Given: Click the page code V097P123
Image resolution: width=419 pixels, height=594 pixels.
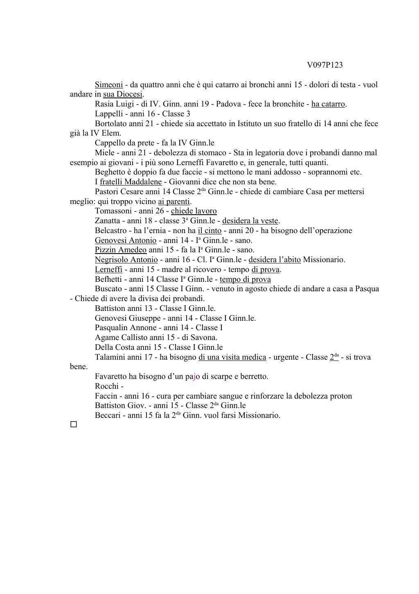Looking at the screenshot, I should tap(324, 65).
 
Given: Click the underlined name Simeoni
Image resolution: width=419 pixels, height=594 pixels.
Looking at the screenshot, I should tap(109, 85).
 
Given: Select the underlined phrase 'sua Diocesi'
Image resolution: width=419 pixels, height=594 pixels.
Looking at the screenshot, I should tap(122, 94).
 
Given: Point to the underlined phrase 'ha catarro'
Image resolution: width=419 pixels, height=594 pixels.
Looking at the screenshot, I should tap(328, 104).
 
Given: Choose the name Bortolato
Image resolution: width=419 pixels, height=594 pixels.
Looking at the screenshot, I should tap(111, 124).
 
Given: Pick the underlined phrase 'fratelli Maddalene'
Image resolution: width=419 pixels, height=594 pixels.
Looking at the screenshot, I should tap(131, 182).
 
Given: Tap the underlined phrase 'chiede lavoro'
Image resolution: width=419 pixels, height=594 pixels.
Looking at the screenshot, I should tap(194, 211).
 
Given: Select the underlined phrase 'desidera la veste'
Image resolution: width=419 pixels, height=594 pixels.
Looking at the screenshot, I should tap(250, 221).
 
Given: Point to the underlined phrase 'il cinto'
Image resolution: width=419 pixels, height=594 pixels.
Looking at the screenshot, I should tap(209, 231).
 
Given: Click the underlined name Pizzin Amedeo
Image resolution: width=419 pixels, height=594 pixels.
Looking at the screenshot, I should tap(121, 250).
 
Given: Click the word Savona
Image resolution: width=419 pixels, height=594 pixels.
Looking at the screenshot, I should tap(204, 338).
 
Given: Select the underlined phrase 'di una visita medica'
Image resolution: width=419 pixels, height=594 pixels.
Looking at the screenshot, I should tap(232, 357).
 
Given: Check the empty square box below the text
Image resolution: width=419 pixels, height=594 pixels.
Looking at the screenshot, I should tap(74, 424).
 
